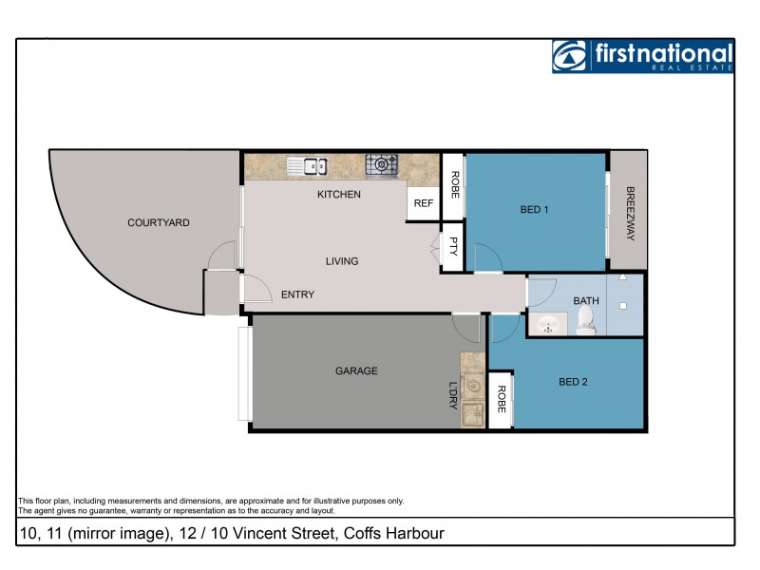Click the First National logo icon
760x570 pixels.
click(x=569, y=56)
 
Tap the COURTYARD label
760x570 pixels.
click(x=159, y=223)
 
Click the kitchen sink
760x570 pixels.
click(x=308, y=166)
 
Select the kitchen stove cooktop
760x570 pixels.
click(x=382, y=165)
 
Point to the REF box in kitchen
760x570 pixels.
click(x=424, y=203)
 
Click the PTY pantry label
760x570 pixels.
click(x=454, y=246)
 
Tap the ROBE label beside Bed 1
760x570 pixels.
click(x=454, y=183)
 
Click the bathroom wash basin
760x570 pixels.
click(x=548, y=325)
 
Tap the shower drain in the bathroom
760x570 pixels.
click(x=623, y=307)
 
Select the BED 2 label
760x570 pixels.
click(x=573, y=382)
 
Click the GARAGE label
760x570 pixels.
click(x=356, y=370)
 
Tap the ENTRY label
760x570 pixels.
click(x=297, y=294)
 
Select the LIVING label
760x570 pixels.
click(x=342, y=261)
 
